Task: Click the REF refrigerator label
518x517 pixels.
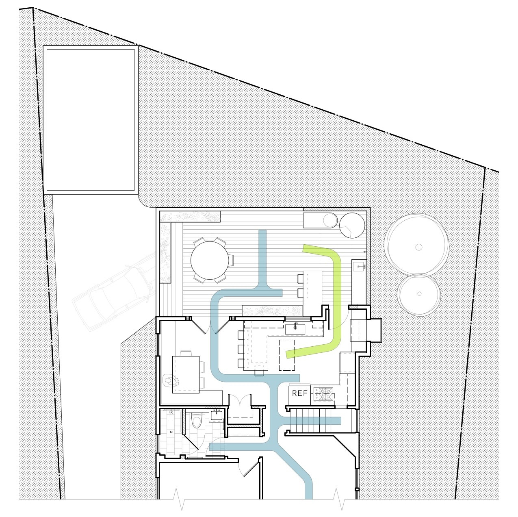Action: [299, 393]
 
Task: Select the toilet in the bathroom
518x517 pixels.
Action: [197, 422]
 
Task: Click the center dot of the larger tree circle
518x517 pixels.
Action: [418, 247]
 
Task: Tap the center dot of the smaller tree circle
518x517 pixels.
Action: [419, 294]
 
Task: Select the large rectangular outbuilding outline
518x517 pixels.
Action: [91, 120]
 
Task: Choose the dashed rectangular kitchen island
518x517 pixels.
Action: [287, 355]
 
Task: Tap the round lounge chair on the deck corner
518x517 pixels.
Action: [352, 225]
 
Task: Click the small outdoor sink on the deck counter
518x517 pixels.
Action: [359, 266]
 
